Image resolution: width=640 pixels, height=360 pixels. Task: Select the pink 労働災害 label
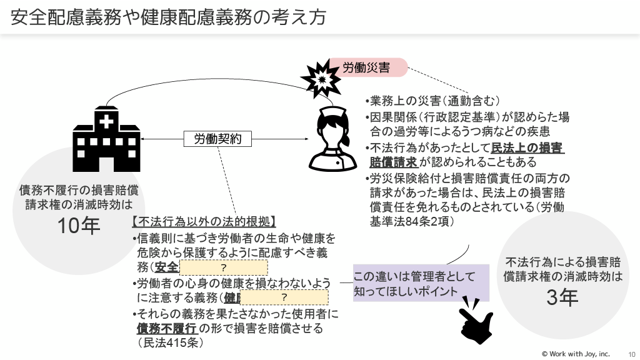[x=369, y=67]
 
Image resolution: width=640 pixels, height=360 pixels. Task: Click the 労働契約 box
[x=217, y=139]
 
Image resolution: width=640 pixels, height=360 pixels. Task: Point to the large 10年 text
[x=79, y=226]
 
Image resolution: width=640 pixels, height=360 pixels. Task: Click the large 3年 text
[x=562, y=298]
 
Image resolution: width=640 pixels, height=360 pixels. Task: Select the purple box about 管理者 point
[x=421, y=283]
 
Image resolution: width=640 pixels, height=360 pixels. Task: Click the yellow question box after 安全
[x=224, y=267]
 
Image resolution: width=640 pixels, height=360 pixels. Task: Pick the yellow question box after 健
[x=284, y=297]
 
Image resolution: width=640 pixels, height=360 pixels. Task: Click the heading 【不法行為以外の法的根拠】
[x=204, y=222]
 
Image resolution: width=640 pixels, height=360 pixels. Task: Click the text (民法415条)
[x=171, y=342]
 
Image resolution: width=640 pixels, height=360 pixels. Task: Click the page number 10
[x=631, y=354]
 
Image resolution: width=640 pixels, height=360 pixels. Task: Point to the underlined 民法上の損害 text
[x=528, y=149]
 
